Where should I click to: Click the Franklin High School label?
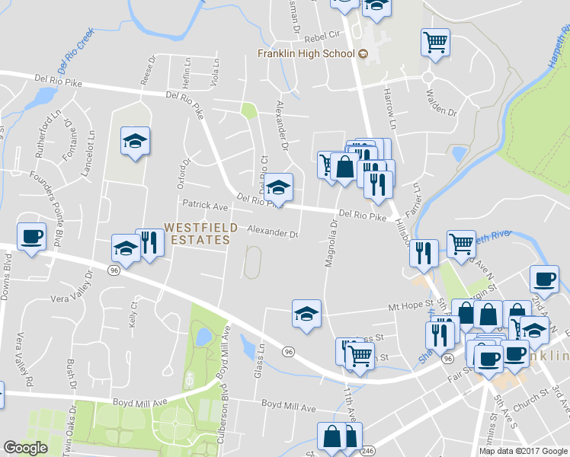tap(306, 53)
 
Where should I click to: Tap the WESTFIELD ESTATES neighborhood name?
tap(197, 234)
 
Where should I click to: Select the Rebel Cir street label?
tap(321, 35)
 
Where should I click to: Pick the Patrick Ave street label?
tap(205, 205)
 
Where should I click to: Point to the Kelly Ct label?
tap(134, 315)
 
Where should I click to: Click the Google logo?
tap(25, 449)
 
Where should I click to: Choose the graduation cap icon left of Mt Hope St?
tap(306, 313)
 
